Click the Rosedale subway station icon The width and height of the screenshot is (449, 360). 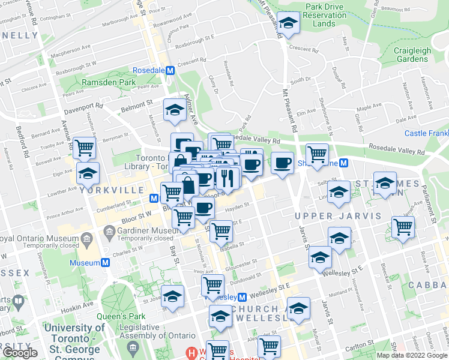170,70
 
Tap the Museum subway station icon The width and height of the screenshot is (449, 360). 106,263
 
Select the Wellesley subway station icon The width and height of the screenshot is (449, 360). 243,297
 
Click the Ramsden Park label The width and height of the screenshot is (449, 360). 109,82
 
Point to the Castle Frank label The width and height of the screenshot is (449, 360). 426,133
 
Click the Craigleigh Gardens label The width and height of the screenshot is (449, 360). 412,55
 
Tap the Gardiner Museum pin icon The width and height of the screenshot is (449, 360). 109,231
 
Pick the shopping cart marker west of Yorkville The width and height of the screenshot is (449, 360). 85,146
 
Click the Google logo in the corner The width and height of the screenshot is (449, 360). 20,352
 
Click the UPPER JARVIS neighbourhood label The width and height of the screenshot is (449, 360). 339,215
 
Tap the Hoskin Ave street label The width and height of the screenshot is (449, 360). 77,304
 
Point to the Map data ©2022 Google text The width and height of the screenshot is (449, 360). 411,355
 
